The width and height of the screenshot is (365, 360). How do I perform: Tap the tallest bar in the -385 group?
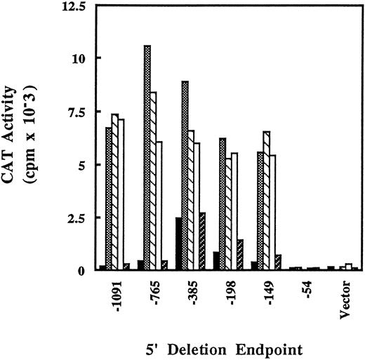point(185,175)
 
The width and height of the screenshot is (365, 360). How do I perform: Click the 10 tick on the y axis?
point(78,58)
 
